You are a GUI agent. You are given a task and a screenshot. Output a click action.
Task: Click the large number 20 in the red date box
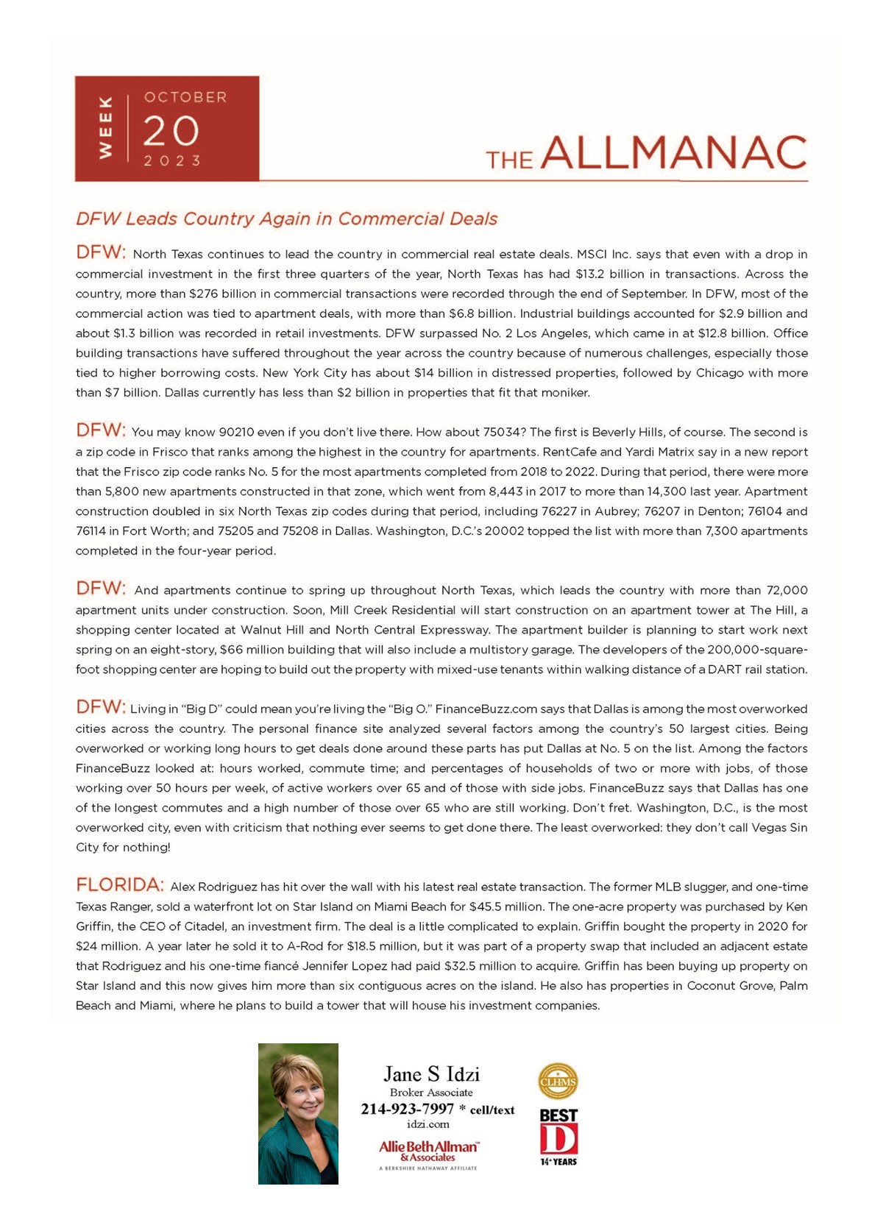pos(171,131)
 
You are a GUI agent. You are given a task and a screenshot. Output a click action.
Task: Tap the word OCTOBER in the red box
pos(185,97)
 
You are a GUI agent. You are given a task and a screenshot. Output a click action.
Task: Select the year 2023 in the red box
pos(172,160)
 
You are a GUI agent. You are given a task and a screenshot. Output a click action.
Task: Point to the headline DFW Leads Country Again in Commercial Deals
pos(286,219)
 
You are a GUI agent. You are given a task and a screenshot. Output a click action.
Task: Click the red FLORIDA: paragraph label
pos(120,884)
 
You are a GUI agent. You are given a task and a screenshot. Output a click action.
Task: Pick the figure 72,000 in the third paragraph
pos(787,590)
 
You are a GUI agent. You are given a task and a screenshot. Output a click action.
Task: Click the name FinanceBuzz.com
pos(486,709)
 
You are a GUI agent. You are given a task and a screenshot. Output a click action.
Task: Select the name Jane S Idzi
pos(431,1074)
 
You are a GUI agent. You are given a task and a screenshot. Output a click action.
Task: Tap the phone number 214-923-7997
pos(407,1110)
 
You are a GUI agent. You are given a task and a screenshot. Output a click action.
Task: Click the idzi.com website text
pos(428,1124)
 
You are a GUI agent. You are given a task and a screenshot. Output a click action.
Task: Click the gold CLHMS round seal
pos(558,1081)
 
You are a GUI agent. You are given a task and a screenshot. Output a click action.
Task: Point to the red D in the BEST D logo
pos(558,1139)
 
